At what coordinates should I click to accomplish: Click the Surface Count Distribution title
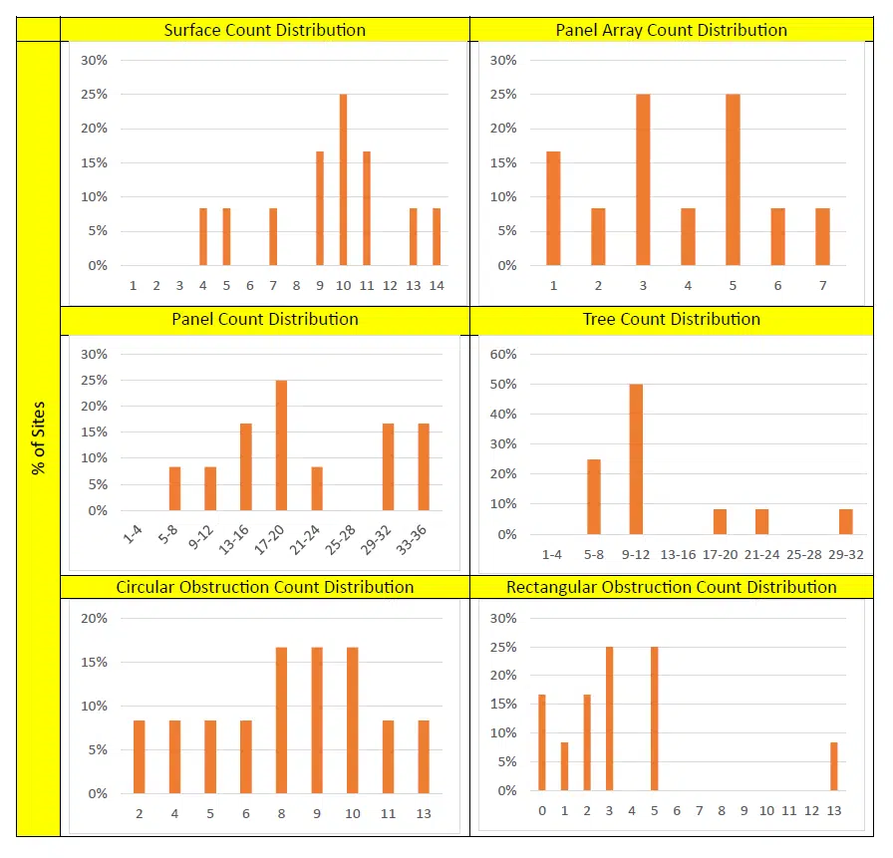click(x=264, y=30)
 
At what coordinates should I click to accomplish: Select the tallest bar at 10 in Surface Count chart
click(x=343, y=179)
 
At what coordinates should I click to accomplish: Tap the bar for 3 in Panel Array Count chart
click(x=643, y=179)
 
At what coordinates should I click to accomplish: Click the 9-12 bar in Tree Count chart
click(x=636, y=458)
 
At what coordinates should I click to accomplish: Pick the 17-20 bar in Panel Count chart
click(x=281, y=445)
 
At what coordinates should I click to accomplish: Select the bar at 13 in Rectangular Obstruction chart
click(x=834, y=765)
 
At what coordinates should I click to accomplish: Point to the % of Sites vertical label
click(x=39, y=438)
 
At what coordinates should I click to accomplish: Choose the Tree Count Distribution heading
click(x=671, y=320)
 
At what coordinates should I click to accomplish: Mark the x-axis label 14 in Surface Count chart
click(x=437, y=286)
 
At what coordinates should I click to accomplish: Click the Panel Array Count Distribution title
click(x=671, y=30)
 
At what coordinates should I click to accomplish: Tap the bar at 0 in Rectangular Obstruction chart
click(x=542, y=742)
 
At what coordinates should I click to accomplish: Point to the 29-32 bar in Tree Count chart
click(x=845, y=521)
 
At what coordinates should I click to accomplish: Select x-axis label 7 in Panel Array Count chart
click(x=822, y=286)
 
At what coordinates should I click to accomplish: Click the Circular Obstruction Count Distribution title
click(x=264, y=587)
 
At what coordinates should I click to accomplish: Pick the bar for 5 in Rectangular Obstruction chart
click(x=654, y=717)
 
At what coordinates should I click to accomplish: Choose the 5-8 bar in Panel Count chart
click(x=175, y=488)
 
